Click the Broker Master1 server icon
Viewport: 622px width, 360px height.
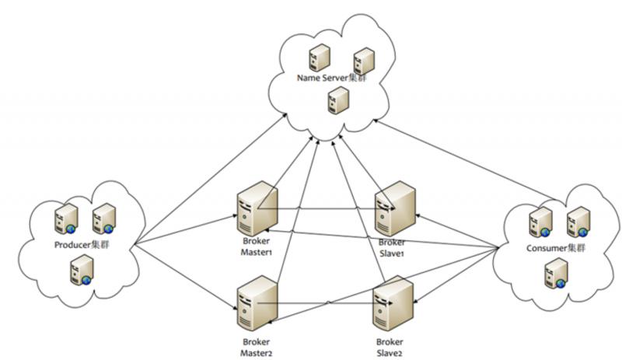[x=257, y=208]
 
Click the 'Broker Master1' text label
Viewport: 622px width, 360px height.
[x=257, y=247]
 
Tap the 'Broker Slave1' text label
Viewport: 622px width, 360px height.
[x=390, y=247]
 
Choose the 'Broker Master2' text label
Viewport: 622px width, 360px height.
[x=257, y=347]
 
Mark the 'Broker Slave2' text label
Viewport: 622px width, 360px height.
[x=390, y=347]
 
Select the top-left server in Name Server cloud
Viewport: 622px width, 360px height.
[x=317, y=58]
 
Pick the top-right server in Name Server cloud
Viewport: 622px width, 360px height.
[x=364, y=61]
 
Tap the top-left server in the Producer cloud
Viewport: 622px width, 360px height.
[x=65, y=219]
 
